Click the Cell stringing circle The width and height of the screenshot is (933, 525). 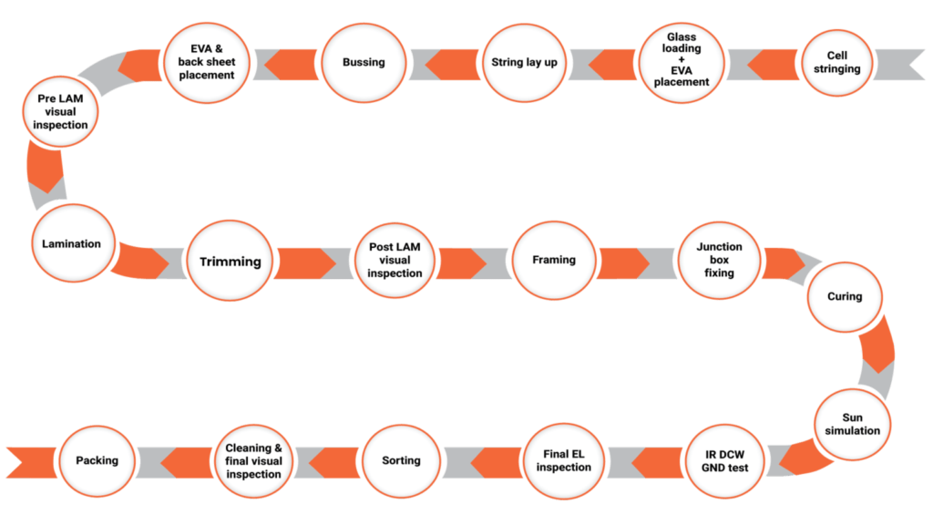tap(837, 63)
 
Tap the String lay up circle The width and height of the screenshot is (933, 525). tap(525, 63)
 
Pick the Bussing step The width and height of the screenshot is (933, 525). tap(364, 63)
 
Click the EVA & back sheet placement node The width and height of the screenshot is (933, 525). tap(206, 63)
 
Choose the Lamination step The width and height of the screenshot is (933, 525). tap(71, 244)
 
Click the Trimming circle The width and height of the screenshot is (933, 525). tap(230, 262)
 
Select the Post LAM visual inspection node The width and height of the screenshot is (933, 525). tap(395, 261)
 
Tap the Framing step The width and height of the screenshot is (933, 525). tap(554, 261)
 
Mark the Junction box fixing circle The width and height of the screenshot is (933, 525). tap(719, 260)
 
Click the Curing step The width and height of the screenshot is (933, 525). tap(844, 296)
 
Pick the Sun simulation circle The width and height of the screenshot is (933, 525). tap(853, 424)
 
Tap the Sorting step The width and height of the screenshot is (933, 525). tap(401, 461)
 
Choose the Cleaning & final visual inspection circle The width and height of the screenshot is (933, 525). tap(254, 461)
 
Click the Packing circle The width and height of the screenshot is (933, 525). tap(97, 461)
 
